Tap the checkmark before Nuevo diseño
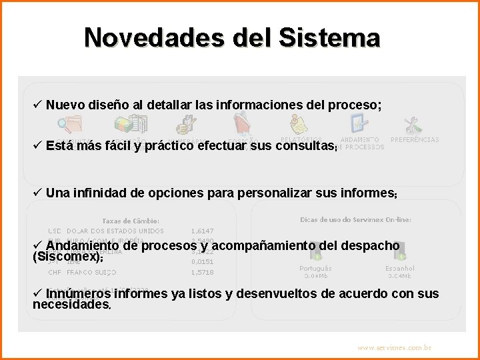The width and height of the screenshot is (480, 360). tap(37, 105)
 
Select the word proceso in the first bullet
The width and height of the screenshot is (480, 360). tap(356, 105)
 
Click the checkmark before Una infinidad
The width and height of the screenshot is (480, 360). tap(37, 193)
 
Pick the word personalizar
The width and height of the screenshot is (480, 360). tap(253, 193)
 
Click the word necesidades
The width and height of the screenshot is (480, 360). tap(71, 305)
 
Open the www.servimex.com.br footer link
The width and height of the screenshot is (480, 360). tap(394, 347)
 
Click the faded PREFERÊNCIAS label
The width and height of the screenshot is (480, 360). tap(415, 140)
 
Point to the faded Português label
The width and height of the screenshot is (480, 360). tap(315, 269)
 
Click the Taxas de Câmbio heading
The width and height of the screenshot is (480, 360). tap(131, 221)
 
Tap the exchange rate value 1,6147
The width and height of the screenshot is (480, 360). tap(202, 231)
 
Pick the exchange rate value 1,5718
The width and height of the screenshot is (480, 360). tap(202, 272)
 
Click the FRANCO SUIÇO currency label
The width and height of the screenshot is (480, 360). tap(91, 272)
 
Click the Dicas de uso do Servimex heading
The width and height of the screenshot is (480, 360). tap(355, 219)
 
